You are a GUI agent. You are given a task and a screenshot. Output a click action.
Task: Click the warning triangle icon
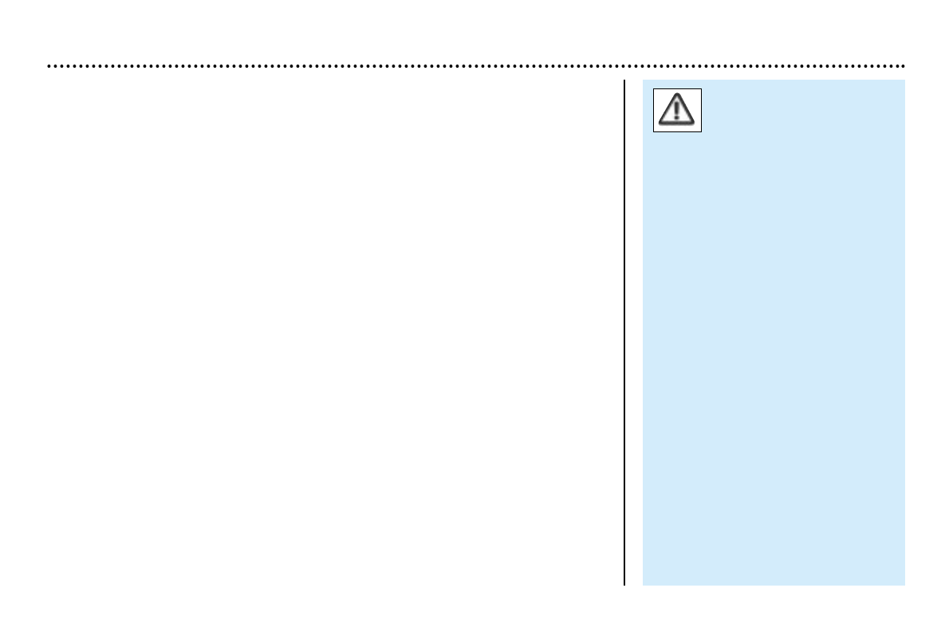point(677,110)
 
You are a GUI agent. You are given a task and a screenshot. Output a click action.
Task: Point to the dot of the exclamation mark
point(677,118)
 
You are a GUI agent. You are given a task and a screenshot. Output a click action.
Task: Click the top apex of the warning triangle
point(677,95)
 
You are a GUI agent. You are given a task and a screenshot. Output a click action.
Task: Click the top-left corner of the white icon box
point(654,88)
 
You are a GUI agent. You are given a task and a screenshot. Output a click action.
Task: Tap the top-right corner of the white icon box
point(701,88)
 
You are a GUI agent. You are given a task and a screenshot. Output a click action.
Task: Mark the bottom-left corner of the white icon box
point(654,131)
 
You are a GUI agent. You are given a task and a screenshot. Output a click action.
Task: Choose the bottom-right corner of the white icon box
point(701,131)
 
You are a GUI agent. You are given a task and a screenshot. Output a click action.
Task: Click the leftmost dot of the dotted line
point(49,66)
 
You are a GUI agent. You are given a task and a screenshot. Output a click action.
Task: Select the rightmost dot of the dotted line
point(902,66)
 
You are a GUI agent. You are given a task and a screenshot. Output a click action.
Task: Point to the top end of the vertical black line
point(624,80)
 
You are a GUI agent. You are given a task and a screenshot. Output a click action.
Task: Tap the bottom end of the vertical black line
point(624,585)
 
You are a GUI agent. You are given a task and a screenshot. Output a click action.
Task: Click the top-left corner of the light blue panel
point(643,80)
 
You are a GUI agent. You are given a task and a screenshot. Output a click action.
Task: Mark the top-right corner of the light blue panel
point(904,80)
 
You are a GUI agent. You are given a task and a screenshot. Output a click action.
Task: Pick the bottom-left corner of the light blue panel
point(643,585)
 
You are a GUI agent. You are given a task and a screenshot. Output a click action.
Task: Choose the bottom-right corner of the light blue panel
point(904,585)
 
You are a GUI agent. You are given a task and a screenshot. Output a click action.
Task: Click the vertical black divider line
point(624,335)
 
